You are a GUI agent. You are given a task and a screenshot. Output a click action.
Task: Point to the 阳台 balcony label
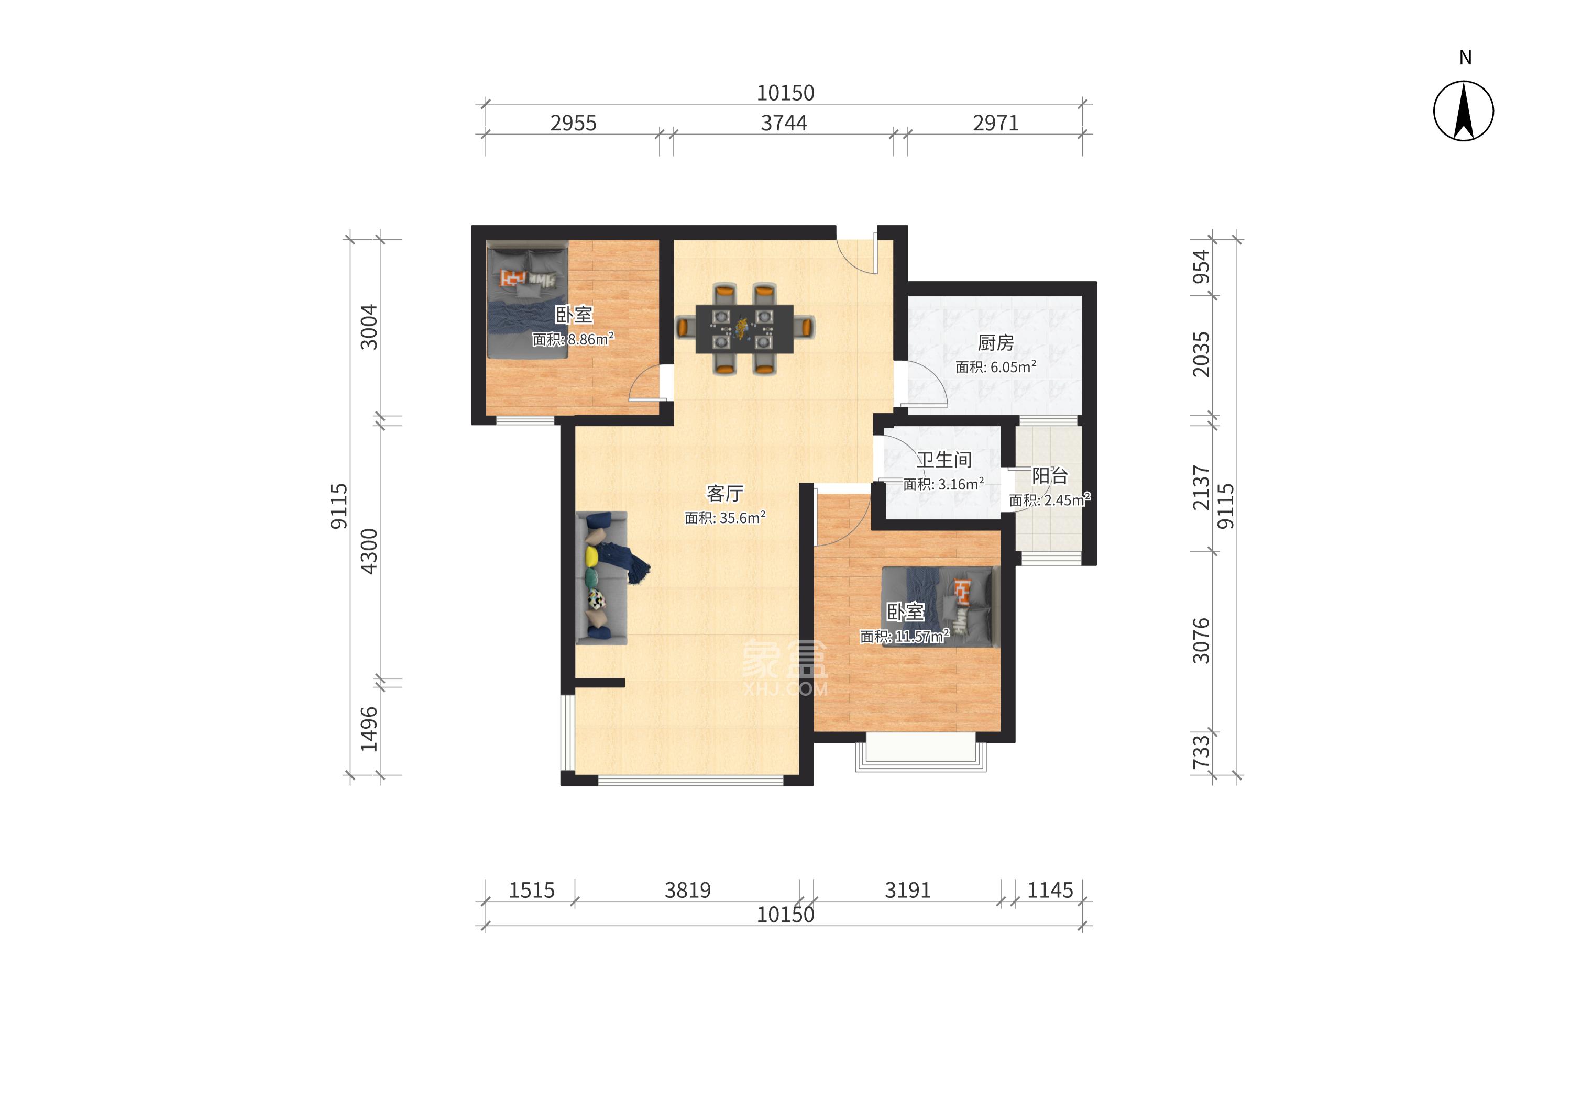1050,476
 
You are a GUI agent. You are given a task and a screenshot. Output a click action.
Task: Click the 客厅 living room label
725,494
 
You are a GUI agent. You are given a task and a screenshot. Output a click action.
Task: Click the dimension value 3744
784,124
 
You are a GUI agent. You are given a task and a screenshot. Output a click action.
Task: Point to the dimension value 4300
369,551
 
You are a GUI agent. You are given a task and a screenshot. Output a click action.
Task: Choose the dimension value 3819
687,891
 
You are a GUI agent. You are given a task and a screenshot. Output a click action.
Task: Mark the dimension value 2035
1201,354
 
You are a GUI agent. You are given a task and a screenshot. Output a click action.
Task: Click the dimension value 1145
1050,891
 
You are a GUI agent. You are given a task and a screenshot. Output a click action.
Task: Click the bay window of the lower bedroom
921,752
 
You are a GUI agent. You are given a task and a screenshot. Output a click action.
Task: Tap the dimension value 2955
573,124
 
